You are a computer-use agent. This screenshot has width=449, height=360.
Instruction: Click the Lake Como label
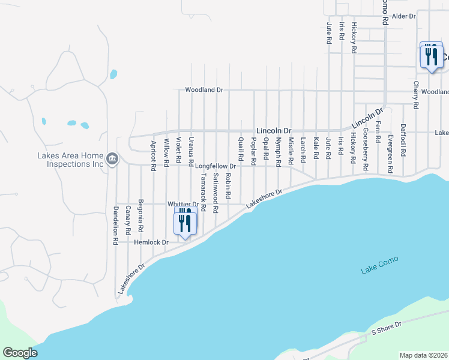tap(379, 265)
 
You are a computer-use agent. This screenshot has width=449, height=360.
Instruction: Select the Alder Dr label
tap(403, 16)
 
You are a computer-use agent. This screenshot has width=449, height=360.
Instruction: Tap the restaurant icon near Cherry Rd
tap(431, 56)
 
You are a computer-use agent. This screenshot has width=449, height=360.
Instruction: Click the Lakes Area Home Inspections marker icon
tap(112, 159)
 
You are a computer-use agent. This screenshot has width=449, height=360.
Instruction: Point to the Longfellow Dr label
tap(215, 166)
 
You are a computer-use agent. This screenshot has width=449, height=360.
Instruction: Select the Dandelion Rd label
tap(115, 226)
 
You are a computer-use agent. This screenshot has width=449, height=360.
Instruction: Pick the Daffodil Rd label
tap(403, 141)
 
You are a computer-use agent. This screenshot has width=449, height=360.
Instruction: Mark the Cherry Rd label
tap(415, 95)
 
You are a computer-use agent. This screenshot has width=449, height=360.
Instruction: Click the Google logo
tap(20, 353)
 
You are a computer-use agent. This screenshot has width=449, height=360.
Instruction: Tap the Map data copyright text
tap(423, 355)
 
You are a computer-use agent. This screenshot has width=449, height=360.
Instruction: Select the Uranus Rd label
tap(191, 151)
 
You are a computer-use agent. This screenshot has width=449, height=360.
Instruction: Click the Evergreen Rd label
tap(390, 154)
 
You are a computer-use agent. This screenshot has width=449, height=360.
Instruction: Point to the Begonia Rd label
tap(140, 215)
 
